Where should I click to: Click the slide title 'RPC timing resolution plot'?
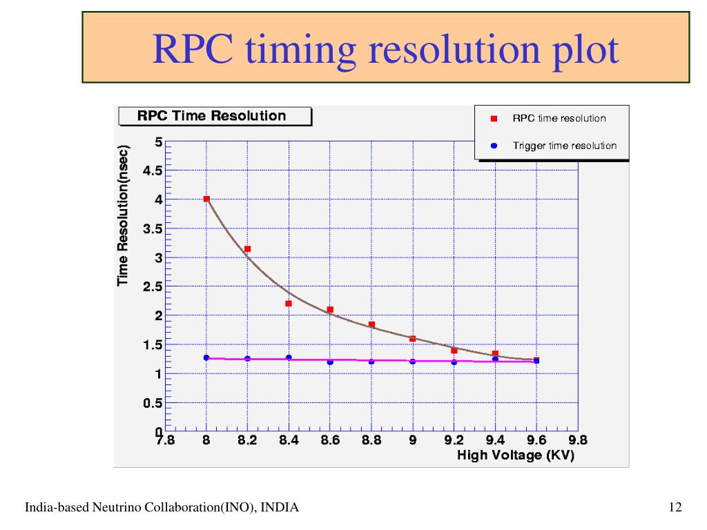click(385, 50)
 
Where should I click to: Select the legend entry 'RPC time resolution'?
click(559, 118)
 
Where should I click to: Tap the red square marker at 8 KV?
click(206, 199)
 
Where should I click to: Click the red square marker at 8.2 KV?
click(247, 248)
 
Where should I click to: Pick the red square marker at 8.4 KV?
click(289, 304)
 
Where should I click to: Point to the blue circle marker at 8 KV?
click(206, 357)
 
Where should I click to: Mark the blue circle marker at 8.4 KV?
click(289, 357)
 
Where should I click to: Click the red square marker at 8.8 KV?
click(371, 324)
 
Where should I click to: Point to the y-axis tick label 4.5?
click(153, 170)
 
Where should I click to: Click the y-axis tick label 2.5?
click(153, 286)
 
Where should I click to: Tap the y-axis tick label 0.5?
click(153, 403)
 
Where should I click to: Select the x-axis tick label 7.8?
click(166, 442)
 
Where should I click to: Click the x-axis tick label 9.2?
click(454, 442)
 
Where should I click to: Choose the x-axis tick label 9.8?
click(577, 442)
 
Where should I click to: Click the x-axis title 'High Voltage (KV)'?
click(515, 456)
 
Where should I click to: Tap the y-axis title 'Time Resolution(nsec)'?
click(124, 215)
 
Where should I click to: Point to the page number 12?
click(675, 508)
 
